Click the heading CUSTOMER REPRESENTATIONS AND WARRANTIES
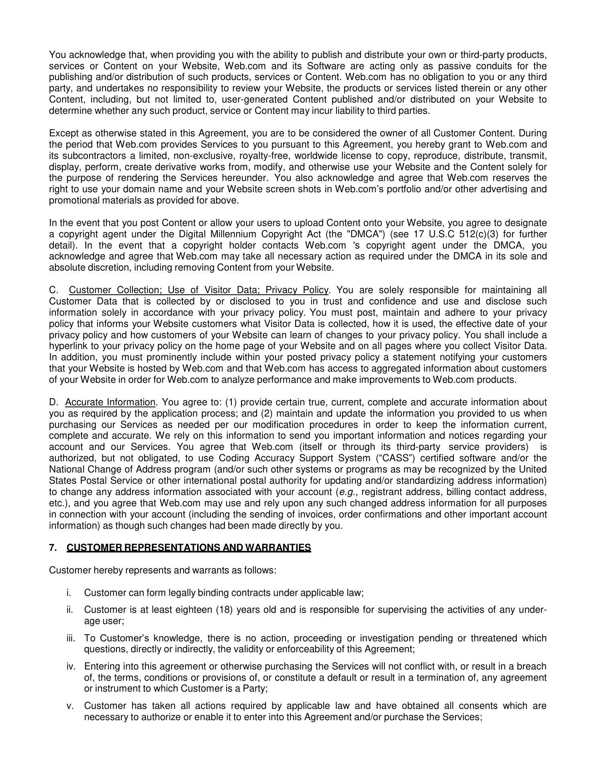(x=189, y=548)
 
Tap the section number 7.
(x=53, y=548)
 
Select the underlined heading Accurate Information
(x=110, y=402)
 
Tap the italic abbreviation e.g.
(x=346, y=492)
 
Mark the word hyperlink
(x=67, y=346)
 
